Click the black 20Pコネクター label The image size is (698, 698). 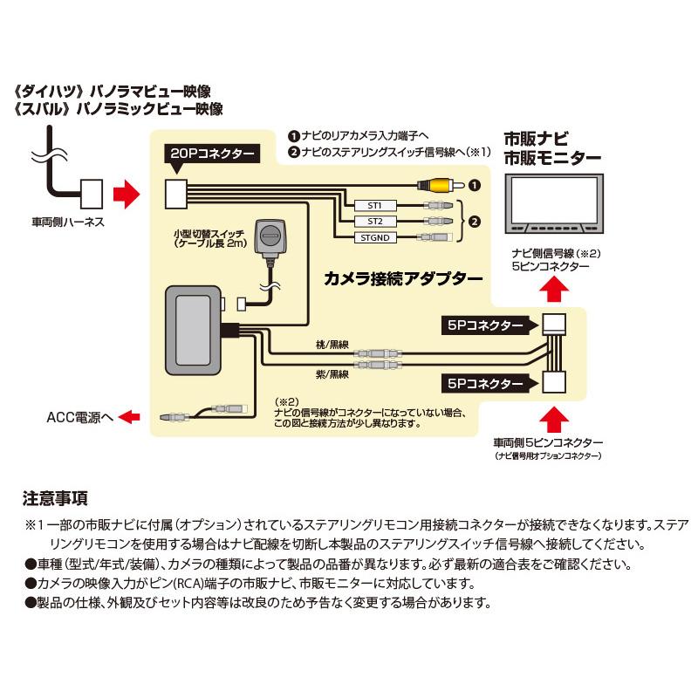click(x=211, y=154)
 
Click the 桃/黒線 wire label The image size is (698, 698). click(x=334, y=343)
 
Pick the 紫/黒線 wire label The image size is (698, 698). click(x=334, y=374)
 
